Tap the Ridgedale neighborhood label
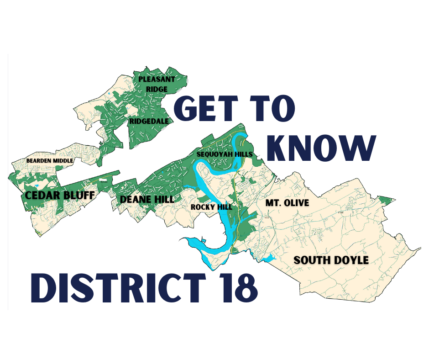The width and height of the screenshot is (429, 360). point(149,121)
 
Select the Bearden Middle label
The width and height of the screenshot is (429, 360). point(50,161)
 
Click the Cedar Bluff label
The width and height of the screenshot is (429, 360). point(60,196)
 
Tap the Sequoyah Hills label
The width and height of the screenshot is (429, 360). point(224,154)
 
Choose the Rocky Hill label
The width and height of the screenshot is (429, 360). point(211,207)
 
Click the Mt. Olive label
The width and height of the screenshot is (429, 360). point(287,203)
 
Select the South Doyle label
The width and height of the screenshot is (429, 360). point(331,260)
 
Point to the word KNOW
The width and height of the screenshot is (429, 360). point(321,148)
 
